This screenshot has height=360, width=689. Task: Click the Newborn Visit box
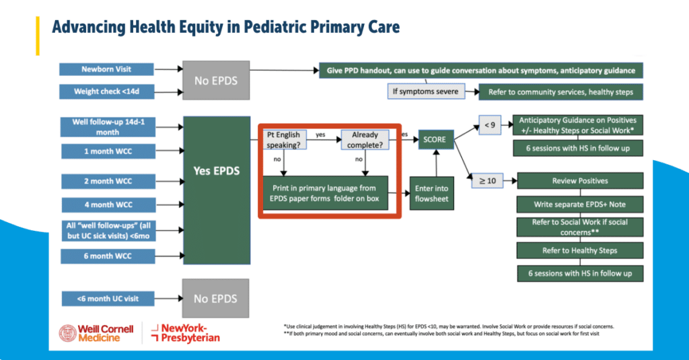click(x=106, y=69)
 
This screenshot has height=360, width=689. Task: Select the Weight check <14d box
click(x=106, y=91)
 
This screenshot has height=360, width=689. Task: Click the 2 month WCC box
click(x=106, y=182)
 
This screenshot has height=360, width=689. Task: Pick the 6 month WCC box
click(x=106, y=256)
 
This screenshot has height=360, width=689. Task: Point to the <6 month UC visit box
click(x=106, y=297)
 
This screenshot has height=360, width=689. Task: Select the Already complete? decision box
click(x=364, y=139)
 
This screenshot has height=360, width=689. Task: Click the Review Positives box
click(x=580, y=181)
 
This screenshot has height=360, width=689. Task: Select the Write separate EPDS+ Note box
click(x=580, y=203)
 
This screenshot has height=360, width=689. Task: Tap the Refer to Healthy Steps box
click(x=580, y=250)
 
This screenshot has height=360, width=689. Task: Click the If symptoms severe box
click(x=425, y=92)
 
